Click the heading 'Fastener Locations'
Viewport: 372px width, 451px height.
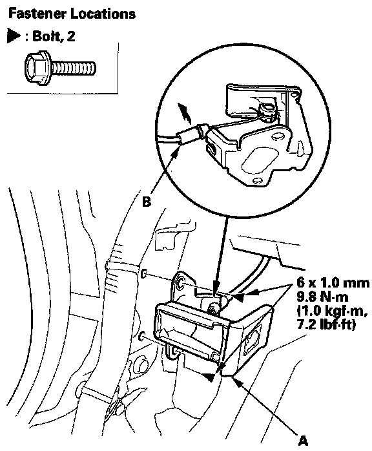click(x=72, y=14)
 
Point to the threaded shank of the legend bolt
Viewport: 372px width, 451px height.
click(x=74, y=68)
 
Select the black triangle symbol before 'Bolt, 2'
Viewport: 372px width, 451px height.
click(x=14, y=37)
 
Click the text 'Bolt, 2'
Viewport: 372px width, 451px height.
click(x=54, y=37)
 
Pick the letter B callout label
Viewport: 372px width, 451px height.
click(x=147, y=202)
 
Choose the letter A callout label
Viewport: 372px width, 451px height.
click(x=303, y=441)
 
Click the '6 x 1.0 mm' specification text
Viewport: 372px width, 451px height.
click(x=333, y=283)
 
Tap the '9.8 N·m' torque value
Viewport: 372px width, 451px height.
click(x=322, y=297)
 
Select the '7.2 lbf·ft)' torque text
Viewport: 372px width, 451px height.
click(x=325, y=324)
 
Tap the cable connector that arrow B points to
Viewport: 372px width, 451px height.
click(x=189, y=134)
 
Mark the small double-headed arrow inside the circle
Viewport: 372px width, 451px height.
click(x=184, y=114)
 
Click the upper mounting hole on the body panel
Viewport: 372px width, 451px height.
click(x=145, y=274)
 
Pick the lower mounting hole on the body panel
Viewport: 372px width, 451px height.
click(x=142, y=337)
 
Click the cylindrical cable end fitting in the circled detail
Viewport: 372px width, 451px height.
click(x=266, y=110)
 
